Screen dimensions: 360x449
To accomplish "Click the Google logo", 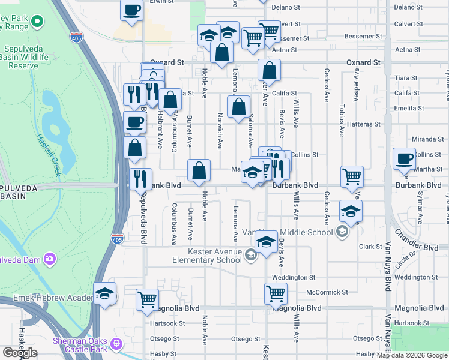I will (x=20, y=353).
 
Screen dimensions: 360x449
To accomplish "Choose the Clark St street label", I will (x=366, y=246).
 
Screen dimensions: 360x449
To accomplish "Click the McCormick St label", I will (x=327, y=292).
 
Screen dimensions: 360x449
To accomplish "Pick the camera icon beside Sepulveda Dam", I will (x=49, y=259).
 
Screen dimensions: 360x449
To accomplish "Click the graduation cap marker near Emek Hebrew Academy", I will (x=105, y=293).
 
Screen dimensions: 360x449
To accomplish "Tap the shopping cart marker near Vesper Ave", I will (x=352, y=176).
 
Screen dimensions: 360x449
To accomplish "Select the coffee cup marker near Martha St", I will (x=404, y=159).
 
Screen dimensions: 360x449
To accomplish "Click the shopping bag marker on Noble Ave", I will (x=199, y=170).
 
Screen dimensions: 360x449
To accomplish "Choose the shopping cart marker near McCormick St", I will (x=276, y=293).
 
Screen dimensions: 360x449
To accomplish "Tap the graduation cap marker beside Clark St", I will (x=265, y=241).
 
